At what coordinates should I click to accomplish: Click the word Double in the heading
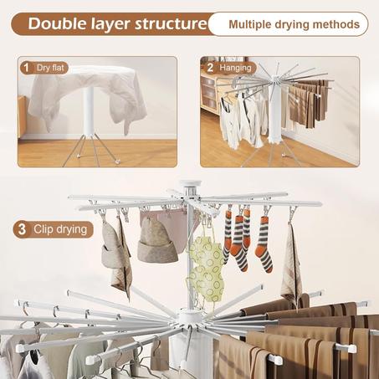pyautogui.click(x=58, y=23)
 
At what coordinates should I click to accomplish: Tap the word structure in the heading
pyautogui.click(x=171, y=24)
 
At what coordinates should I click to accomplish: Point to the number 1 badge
pyautogui.click(x=27, y=68)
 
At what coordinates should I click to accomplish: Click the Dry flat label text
pyautogui.click(x=50, y=68)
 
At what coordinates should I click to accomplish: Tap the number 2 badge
pyautogui.click(x=210, y=68)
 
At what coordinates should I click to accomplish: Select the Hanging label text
pyautogui.click(x=235, y=68)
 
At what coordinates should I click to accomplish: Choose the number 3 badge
pyautogui.click(x=22, y=229)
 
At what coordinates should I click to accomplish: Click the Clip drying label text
pyautogui.click(x=60, y=229)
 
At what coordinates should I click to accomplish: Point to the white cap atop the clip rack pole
pyautogui.click(x=190, y=184)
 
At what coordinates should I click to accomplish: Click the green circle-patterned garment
pyautogui.click(x=206, y=268)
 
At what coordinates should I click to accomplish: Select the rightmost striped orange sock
pyautogui.click(x=264, y=244)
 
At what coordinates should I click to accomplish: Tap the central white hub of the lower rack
pyautogui.click(x=190, y=318)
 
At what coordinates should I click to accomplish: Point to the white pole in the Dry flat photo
pyautogui.click(x=89, y=111)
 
